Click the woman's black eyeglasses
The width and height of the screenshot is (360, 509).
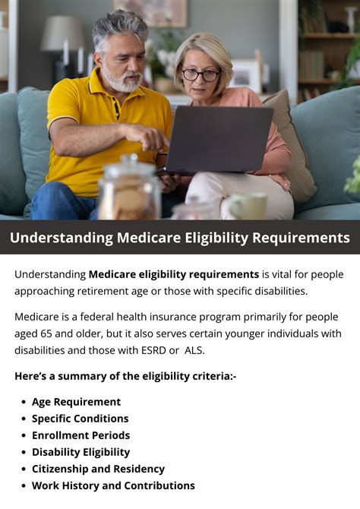click(201, 74)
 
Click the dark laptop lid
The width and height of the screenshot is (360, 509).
click(219, 139)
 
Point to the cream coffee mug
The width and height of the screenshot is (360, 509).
click(246, 206)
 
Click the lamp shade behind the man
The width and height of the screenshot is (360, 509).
click(62, 33)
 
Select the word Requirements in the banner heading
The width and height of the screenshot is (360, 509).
click(301, 238)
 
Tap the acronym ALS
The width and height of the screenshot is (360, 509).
click(194, 350)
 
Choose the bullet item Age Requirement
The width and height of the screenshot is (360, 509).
click(76, 402)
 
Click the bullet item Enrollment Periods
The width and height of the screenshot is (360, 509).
click(81, 435)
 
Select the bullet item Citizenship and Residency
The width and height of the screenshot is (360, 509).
click(99, 469)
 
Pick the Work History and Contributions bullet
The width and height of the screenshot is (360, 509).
click(113, 485)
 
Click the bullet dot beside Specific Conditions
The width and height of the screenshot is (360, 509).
click(24, 419)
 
